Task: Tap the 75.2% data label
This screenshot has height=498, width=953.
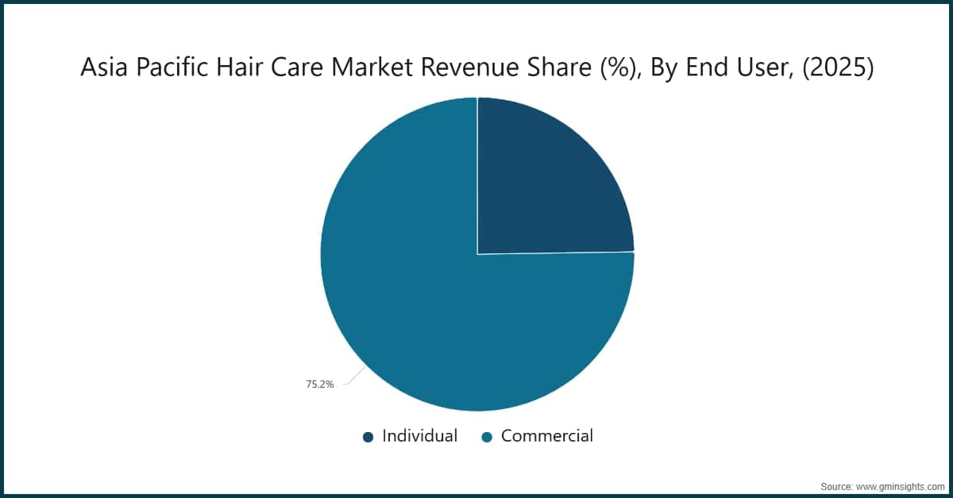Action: [320, 384]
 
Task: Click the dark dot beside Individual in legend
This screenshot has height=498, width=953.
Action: [368, 437]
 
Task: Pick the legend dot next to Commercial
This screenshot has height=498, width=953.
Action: [488, 437]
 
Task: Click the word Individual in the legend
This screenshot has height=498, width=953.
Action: [419, 436]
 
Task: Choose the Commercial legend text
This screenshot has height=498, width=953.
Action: [547, 436]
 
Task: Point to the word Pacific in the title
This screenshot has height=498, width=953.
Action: [168, 69]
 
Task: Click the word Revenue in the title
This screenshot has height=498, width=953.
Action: [461, 69]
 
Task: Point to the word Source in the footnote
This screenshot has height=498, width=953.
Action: [836, 484]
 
